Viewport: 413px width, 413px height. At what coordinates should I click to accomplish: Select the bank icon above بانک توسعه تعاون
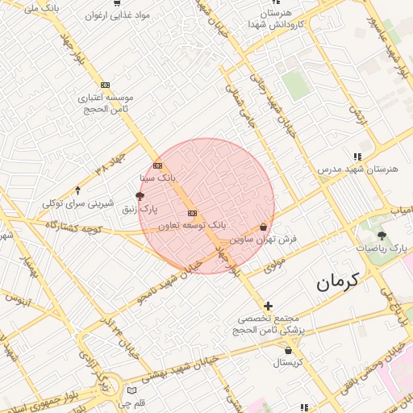pos(192,213)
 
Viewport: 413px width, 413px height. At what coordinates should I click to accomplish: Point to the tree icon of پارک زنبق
pos(140,196)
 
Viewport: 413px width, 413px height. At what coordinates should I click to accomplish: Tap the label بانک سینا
pos(157,177)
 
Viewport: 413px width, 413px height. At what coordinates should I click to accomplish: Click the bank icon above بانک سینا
pos(157,166)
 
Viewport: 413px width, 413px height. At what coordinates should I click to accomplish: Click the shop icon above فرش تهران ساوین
pos(264,227)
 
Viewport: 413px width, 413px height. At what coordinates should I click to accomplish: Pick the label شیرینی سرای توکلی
pos(78,203)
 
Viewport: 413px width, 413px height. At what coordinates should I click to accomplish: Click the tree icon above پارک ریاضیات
pos(382,236)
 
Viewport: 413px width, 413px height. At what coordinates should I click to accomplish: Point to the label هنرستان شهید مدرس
pos(357,170)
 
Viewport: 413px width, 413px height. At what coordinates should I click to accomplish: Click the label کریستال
pos(287,363)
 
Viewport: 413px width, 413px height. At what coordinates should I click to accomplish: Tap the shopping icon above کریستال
pos(289,351)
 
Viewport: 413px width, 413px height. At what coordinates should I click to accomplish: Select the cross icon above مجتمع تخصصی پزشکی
pos(269,306)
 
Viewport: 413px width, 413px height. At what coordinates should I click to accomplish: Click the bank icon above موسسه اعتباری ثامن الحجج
pos(105,85)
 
